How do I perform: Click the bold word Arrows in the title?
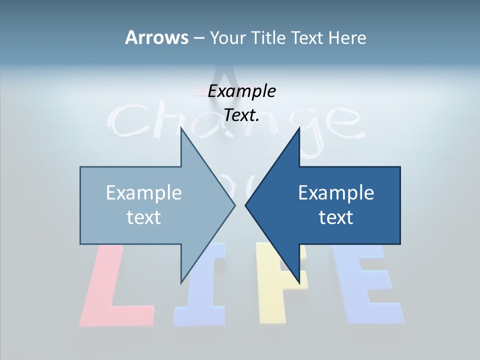[156, 37]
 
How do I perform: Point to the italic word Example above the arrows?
[241, 91]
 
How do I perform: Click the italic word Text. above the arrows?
[241, 115]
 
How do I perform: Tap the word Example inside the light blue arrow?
[144, 193]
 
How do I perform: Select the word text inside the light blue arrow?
[144, 217]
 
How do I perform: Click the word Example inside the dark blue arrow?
[336, 193]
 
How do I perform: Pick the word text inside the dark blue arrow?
[336, 217]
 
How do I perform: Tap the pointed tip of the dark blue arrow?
[246, 205]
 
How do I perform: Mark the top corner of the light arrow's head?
[181, 128]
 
